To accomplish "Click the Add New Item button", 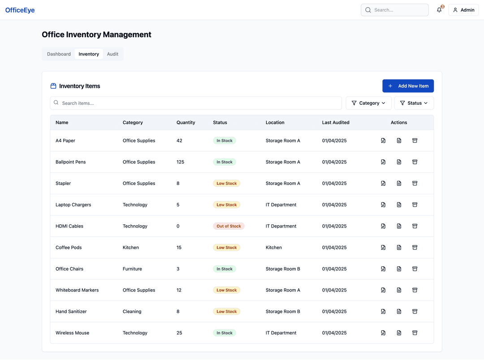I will point(408,86).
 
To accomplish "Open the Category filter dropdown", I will point(368,103).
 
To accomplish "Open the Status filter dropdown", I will point(414,103).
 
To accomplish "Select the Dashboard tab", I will point(59,54).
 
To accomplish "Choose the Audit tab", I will point(112,54).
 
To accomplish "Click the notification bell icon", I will point(439,10).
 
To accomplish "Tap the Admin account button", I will point(463,10).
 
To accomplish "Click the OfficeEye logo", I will point(20,10).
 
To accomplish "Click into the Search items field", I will point(197,103).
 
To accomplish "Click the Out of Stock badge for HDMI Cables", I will point(229,226).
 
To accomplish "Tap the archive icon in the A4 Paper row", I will point(415,141).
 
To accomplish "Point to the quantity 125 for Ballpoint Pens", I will point(180,162).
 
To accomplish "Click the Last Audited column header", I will point(336,122).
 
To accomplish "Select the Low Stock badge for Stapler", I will point(226,183).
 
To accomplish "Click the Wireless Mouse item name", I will point(72,333).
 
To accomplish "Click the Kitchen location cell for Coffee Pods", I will point(273,248).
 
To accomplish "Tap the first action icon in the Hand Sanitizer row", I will point(383,312).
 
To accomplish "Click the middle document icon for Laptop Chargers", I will point(399,205).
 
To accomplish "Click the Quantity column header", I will point(186,122).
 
